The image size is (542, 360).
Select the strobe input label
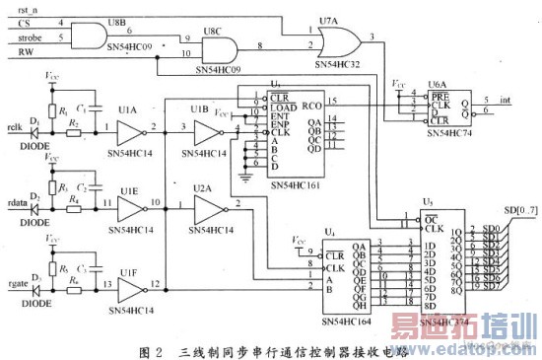tap(21, 38)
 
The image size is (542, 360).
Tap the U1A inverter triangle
tap(128, 133)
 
